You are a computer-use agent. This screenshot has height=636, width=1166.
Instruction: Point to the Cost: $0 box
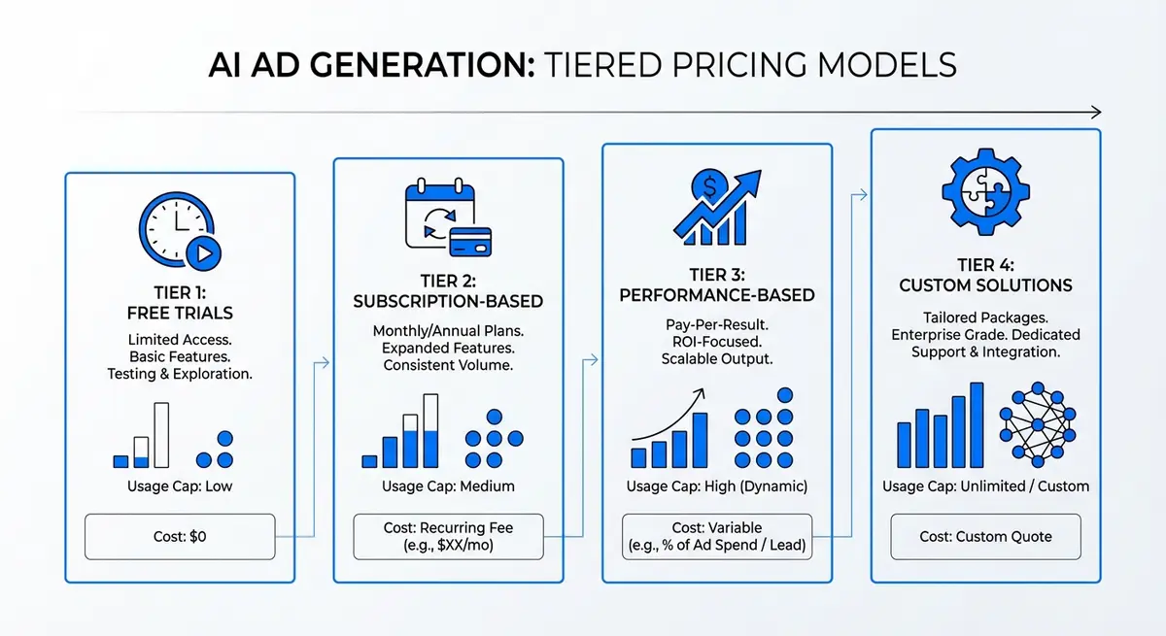pos(180,536)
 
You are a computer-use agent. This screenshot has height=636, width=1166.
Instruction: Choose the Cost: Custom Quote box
pos(985,536)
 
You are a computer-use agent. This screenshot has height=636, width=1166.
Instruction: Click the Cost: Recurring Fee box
pos(448,536)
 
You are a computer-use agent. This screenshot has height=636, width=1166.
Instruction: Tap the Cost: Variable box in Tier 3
pos(717,536)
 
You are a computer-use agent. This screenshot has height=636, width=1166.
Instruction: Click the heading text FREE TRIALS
pos(181,313)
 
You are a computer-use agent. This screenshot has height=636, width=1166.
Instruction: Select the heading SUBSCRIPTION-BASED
pos(448,301)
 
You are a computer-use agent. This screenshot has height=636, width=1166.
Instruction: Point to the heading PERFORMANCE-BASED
pos(717,294)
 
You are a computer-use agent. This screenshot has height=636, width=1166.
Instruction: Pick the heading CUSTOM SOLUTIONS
pos(985,285)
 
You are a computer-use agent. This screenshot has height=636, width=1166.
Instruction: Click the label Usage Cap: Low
pos(180,485)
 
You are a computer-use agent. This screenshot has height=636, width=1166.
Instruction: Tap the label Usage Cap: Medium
pos(448,485)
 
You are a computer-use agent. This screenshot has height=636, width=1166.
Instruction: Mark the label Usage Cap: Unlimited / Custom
pos(985,485)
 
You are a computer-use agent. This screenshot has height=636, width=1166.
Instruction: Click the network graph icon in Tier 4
pos(1038,425)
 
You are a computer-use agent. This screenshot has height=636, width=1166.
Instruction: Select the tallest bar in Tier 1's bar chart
pos(161,435)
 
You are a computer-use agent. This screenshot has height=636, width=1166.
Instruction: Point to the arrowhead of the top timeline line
pos(1095,112)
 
